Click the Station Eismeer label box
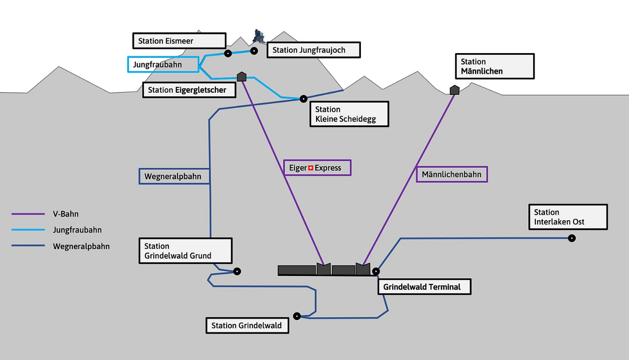(179, 41)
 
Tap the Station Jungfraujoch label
(314, 50)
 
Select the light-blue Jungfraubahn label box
(163, 64)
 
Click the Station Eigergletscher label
(189, 90)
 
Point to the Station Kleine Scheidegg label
(349, 114)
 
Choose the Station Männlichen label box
(495, 66)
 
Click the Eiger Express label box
(317, 168)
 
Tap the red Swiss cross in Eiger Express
(310, 168)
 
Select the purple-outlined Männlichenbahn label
(452, 175)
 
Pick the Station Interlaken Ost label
(568, 217)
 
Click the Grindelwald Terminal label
(424, 287)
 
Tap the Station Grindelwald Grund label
(185, 251)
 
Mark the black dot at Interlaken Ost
(572, 238)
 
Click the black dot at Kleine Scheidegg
(303, 99)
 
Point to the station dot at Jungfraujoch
(254, 51)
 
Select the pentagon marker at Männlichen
(454, 90)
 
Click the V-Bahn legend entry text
(66, 214)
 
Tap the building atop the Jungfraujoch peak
(259, 36)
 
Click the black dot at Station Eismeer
(228, 54)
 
